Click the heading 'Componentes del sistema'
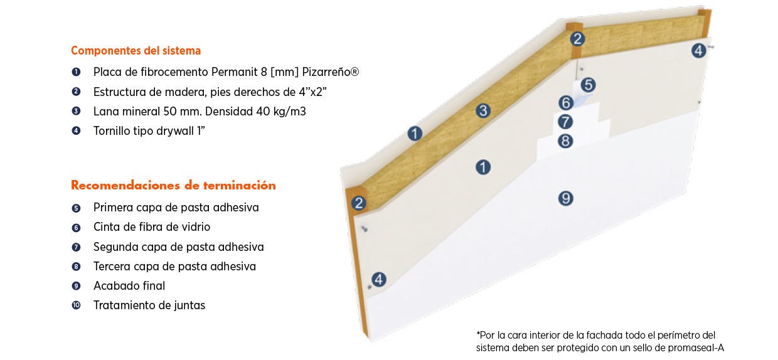click(136, 51)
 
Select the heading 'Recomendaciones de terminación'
click(173, 186)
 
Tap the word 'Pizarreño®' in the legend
click(330, 72)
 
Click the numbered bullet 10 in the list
click(76, 305)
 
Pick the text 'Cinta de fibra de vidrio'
click(152, 227)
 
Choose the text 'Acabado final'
click(129, 286)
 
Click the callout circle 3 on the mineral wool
click(483, 111)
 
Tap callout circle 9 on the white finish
click(566, 198)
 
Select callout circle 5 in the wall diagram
click(588, 85)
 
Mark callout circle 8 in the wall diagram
click(565, 141)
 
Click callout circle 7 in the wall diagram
click(565, 122)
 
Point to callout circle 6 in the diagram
click(566, 103)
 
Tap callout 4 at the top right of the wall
click(698, 51)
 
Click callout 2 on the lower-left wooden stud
click(359, 203)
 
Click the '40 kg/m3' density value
click(281, 112)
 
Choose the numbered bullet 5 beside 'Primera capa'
click(76, 208)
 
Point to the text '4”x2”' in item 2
click(312, 92)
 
